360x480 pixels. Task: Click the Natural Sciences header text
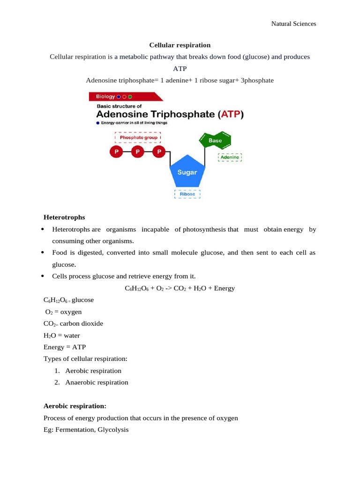tap(294, 23)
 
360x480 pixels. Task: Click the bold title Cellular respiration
tap(180, 45)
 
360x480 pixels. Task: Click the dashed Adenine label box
tap(230, 157)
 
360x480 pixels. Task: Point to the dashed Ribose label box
tap(187, 194)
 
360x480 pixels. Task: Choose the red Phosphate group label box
tap(138, 137)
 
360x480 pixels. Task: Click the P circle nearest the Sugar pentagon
tap(159, 151)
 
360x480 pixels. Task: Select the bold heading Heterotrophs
tap(64, 217)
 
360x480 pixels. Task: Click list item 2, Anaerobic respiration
tap(97, 382)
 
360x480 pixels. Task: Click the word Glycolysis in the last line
tap(112, 429)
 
